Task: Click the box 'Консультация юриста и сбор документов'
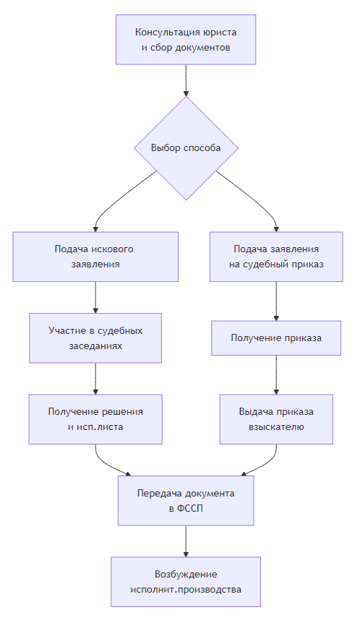pos(186,40)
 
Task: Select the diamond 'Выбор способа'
pos(186,147)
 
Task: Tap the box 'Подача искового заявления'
pos(95,257)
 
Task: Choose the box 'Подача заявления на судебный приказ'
pos(276,257)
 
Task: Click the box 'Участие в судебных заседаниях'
pos(95,338)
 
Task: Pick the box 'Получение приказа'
pos(276,338)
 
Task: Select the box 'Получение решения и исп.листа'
pos(95,419)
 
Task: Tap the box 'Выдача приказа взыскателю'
pos(276,419)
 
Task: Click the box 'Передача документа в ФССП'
pos(186,501)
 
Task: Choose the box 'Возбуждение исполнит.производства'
pos(186,582)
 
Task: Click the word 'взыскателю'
pos(276,427)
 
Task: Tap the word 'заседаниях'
pos(95,346)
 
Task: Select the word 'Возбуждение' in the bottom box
pos(186,574)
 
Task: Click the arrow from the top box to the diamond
pos(186,80)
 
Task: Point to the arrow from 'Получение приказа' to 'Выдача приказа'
pos(276,374)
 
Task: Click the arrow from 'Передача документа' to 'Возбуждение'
pos(186,541)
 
